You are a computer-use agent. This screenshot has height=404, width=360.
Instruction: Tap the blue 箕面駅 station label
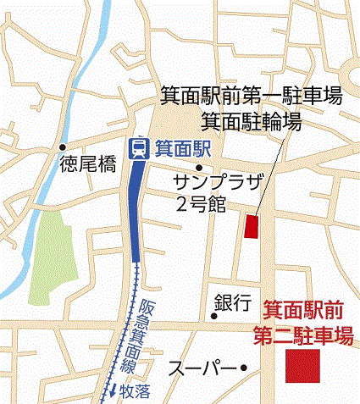tap(177, 149)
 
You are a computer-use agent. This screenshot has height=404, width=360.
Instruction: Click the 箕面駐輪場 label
tap(252, 121)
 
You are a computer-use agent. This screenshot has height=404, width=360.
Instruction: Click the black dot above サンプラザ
tap(197, 167)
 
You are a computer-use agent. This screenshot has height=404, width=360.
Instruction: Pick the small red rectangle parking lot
tap(252, 227)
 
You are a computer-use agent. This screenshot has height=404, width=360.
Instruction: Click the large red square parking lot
tap(303, 367)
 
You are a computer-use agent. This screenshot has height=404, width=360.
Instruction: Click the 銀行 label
tap(232, 301)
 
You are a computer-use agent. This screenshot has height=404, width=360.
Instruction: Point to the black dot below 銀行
tap(214, 316)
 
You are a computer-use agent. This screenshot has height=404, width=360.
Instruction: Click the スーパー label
tap(201, 368)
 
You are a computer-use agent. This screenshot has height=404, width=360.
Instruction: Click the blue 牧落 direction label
tap(133, 392)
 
